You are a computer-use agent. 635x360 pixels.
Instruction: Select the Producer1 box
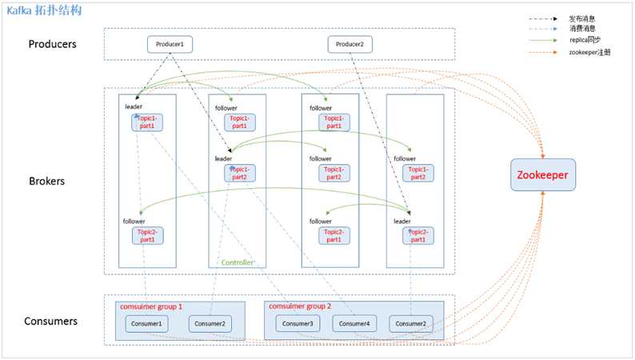click(x=170, y=44)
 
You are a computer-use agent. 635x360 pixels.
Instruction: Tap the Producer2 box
click(x=350, y=44)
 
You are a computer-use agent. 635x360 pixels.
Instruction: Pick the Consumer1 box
click(x=147, y=323)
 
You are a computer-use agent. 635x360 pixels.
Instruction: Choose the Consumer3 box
click(x=299, y=323)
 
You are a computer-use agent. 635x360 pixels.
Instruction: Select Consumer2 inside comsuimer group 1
click(x=210, y=323)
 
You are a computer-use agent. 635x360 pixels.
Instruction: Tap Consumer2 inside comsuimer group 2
click(x=411, y=323)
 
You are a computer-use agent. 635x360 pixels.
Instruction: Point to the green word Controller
click(x=238, y=262)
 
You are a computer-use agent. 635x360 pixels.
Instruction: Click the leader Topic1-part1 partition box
click(x=147, y=122)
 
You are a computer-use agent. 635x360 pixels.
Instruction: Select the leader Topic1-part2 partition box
click(x=239, y=173)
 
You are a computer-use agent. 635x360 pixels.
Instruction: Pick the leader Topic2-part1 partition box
click(x=417, y=235)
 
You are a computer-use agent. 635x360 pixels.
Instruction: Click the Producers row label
click(x=53, y=43)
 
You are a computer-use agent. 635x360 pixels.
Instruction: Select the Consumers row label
click(x=52, y=321)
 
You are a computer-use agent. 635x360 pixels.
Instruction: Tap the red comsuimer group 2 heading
click(x=301, y=306)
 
